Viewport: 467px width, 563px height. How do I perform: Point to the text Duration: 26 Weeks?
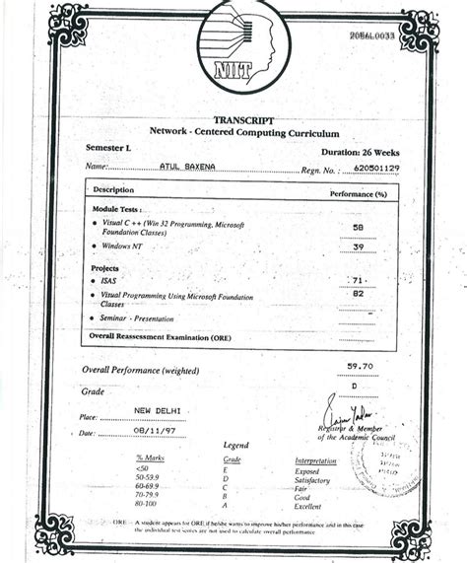(x=361, y=153)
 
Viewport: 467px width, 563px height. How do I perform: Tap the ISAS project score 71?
(x=357, y=281)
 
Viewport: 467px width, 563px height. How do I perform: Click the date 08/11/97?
(x=156, y=431)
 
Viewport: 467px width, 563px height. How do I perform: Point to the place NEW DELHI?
(x=157, y=409)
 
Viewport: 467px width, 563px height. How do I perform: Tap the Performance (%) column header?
(x=357, y=193)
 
